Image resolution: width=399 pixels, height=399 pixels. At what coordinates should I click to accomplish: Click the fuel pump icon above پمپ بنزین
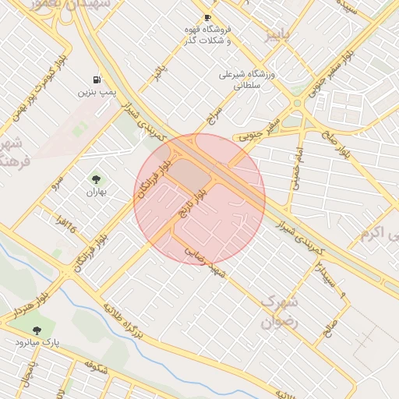97,79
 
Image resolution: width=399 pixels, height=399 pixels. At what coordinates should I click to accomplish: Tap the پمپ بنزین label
97,92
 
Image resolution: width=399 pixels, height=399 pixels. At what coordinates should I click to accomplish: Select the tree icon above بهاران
96,179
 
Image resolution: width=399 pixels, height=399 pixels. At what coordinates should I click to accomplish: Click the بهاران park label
95,192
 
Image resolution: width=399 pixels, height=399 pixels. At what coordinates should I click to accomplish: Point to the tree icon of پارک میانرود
37,330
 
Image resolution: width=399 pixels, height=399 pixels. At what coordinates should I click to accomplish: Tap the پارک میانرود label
37,342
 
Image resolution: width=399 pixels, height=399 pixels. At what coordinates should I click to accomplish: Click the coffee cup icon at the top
207,18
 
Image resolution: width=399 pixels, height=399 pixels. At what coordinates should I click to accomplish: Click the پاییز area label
278,34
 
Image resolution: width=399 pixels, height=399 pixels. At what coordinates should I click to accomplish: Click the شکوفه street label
96,364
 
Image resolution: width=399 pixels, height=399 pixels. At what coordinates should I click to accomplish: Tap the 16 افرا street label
65,228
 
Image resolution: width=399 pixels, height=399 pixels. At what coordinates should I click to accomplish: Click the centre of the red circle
199,199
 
